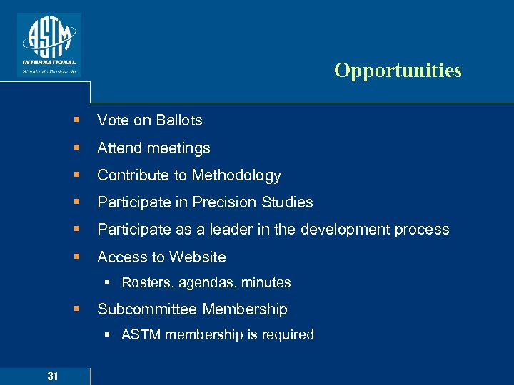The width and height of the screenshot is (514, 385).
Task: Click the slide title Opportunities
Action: (x=398, y=71)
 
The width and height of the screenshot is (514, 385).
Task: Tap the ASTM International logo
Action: (x=49, y=44)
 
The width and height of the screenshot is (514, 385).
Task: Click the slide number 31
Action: (x=53, y=376)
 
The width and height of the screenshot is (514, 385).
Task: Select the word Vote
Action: (x=113, y=120)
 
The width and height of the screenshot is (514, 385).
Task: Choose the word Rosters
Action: (x=146, y=283)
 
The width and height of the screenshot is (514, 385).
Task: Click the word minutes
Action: (x=266, y=283)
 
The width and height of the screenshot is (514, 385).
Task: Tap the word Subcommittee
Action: (x=147, y=309)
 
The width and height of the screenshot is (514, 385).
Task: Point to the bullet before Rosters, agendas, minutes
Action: (x=107, y=283)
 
